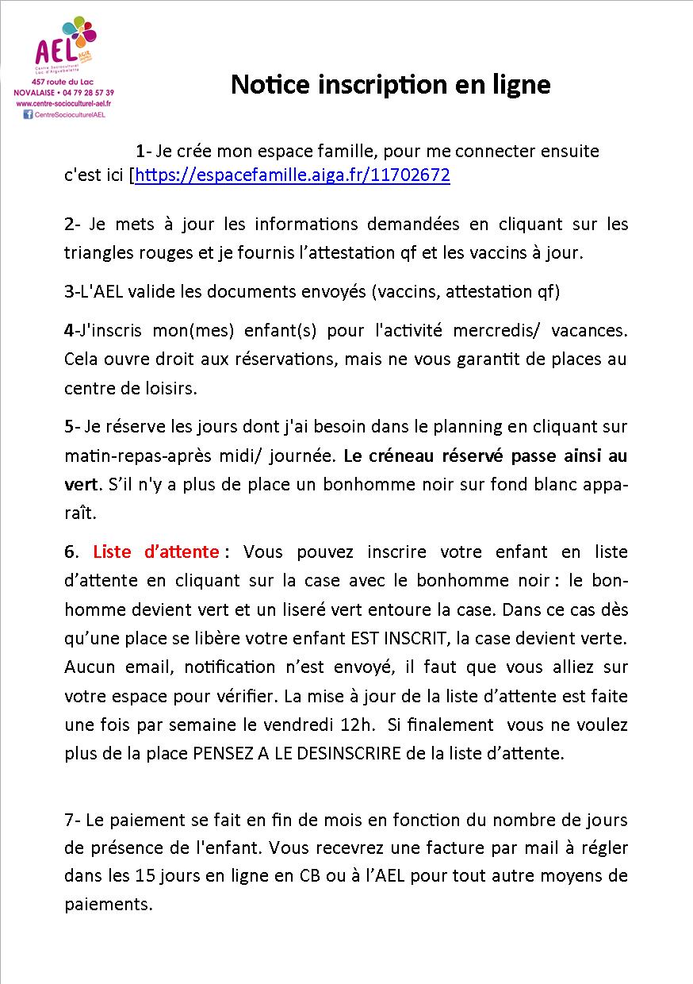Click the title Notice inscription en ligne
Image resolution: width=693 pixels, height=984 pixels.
(390, 84)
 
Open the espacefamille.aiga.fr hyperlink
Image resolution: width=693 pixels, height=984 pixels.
(293, 175)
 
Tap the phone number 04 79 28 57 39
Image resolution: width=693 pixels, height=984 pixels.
(86, 93)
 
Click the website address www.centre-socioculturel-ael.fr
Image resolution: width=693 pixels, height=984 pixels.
(63, 103)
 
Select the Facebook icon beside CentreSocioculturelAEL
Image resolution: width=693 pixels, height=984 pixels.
(29, 114)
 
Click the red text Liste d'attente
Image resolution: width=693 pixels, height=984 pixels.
(156, 551)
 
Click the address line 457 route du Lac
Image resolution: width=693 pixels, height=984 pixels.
(63, 83)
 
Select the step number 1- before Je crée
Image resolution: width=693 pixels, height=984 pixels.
(143, 151)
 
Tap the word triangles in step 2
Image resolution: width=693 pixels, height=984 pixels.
(98, 252)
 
